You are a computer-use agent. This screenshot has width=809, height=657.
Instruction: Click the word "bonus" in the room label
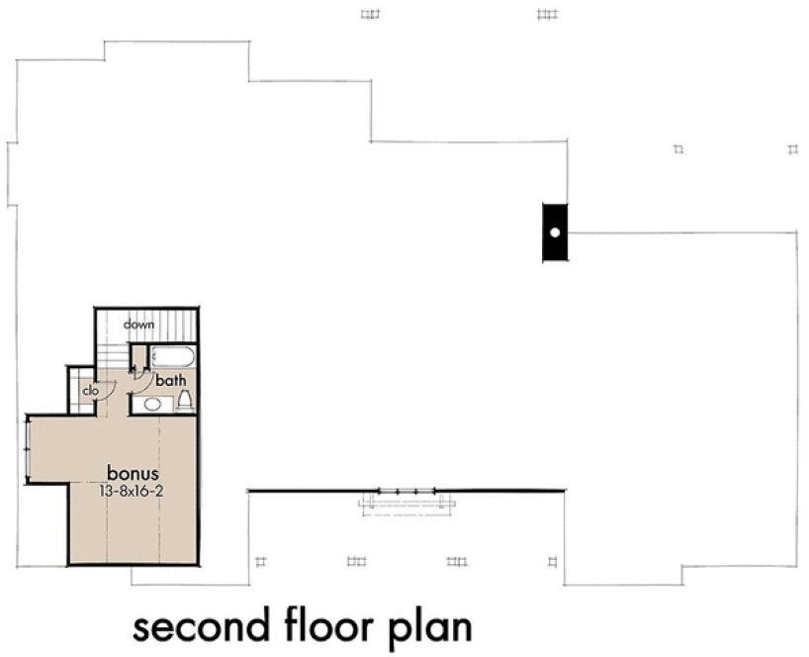tap(134, 472)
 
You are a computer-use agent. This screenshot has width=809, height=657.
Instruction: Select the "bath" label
tap(170, 380)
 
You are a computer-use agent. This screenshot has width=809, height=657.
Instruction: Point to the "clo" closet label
tap(90, 391)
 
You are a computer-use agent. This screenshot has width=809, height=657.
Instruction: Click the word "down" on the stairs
tap(137, 325)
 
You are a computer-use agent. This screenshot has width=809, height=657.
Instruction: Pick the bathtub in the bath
tap(176, 356)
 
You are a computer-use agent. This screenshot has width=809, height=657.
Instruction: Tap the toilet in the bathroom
tap(184, 401)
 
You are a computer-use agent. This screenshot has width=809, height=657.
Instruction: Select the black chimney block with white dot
tap(555, 233)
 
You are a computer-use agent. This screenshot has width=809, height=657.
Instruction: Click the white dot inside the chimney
tap(555, 233)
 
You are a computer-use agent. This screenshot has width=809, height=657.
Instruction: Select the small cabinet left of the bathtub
tap(139, 356)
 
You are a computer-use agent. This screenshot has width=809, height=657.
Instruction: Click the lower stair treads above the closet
tap(112, 357)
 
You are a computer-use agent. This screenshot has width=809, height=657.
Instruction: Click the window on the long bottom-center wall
tap(406, 491)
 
